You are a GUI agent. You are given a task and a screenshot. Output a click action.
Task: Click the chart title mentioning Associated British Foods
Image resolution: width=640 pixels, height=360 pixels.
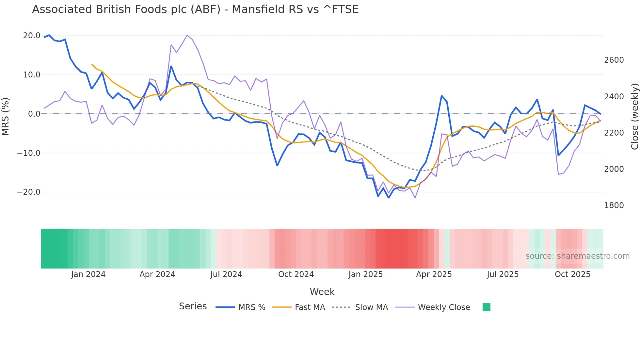click(x=195, y=9)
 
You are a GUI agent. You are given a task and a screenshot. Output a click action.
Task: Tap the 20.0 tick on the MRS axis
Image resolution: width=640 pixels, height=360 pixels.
click(x=32, y=36)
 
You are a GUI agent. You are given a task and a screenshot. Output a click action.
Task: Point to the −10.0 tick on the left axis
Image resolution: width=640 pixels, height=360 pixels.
click(x=29, y=153)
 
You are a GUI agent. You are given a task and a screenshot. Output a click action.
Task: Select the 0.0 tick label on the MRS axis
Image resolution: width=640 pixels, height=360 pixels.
click(x=34, y=114)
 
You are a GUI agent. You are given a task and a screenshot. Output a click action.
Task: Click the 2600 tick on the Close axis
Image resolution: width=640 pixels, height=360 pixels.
click(x=614, y=60)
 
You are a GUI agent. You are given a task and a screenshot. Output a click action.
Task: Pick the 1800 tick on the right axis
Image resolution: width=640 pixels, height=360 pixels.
click(x=614, y=205)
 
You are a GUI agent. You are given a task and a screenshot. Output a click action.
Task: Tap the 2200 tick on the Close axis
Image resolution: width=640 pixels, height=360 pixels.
click(x=614, y=133)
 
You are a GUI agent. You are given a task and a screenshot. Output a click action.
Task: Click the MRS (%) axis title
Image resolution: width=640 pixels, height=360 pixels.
click(x=6, y=116)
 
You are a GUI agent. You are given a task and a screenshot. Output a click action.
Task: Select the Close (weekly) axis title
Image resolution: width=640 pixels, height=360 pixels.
click(x=634, y=117)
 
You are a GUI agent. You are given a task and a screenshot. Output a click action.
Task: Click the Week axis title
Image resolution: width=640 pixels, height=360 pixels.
click(x=322, y=292)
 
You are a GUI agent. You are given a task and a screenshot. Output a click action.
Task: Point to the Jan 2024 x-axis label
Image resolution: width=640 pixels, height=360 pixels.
click(x=88, y=274)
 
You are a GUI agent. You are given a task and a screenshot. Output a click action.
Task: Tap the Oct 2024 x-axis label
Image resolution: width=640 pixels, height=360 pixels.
click(x=296, y=274)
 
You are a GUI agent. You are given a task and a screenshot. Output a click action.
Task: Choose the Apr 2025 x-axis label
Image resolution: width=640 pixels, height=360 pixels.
click(x=434, y=274)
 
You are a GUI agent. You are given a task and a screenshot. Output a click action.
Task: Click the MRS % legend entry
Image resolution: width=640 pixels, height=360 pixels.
click(x=251, y=307)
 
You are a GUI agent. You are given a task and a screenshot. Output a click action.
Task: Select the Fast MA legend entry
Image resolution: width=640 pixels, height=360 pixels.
click(x=310, y=307)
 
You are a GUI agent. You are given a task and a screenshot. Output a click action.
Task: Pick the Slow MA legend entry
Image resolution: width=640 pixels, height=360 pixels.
click(x=371, y=307)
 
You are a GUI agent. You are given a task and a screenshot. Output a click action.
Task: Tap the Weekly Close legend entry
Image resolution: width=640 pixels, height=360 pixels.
click(x=444, y=307)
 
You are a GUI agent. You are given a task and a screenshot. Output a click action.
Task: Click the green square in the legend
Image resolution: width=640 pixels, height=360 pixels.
click(x=486, y=307)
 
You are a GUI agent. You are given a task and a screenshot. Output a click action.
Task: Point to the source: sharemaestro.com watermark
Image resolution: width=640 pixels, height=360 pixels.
click(x=577, y=256)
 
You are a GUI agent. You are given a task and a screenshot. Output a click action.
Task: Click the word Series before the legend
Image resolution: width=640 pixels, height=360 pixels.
click(x=193, y=306)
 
